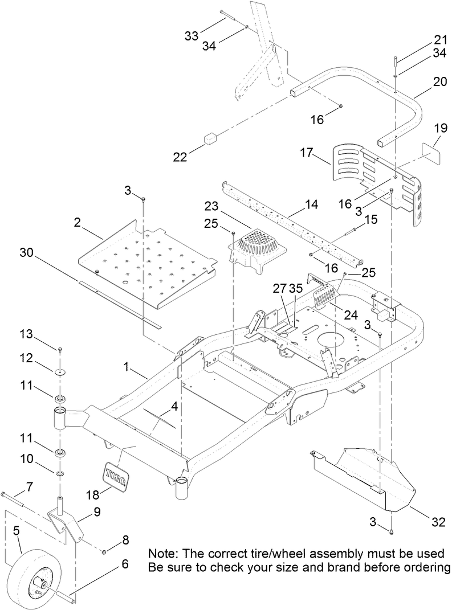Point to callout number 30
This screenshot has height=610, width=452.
point(27,251)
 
